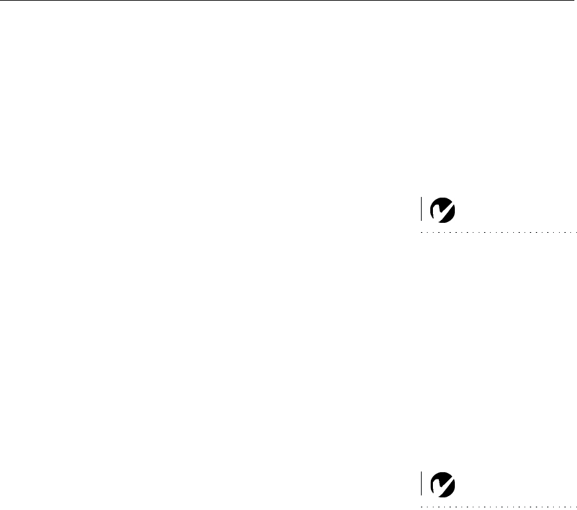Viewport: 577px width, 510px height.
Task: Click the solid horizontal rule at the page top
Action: [x=286, y=1]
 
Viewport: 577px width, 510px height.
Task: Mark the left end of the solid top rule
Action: [x=1, y=1]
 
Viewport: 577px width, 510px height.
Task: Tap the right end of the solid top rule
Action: [x=573, y=1]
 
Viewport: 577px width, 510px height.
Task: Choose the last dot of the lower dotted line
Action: [x=576, y=506]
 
